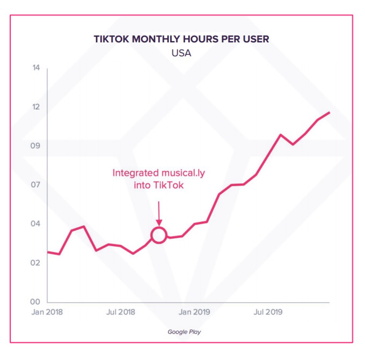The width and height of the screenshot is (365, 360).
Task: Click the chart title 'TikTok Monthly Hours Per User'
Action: click(181, 39)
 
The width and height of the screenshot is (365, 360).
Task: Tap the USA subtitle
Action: click(181, 53)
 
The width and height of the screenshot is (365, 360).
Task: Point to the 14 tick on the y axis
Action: click(36, 68)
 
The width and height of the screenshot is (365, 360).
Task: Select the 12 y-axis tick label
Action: click(36, 107)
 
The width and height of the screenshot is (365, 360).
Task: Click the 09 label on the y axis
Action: click(36, 146)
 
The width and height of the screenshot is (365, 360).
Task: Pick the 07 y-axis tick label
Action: click(36, 185)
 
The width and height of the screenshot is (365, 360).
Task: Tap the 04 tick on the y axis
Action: click(36, 224)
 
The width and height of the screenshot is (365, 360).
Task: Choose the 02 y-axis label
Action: click(36, 263)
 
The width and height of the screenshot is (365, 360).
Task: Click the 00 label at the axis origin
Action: click(36, 302)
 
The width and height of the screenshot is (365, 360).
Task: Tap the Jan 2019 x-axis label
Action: click(194, 312)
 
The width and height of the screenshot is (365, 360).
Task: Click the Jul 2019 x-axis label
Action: click(267, 312)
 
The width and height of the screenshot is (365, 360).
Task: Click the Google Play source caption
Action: click(184, 332)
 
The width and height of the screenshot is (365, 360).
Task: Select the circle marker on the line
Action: click(158, 235)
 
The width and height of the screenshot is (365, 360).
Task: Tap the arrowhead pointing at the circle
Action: click(158, 222)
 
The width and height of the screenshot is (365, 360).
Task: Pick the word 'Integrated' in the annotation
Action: click(136, 173)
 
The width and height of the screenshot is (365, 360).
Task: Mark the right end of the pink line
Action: click(329, 112)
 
